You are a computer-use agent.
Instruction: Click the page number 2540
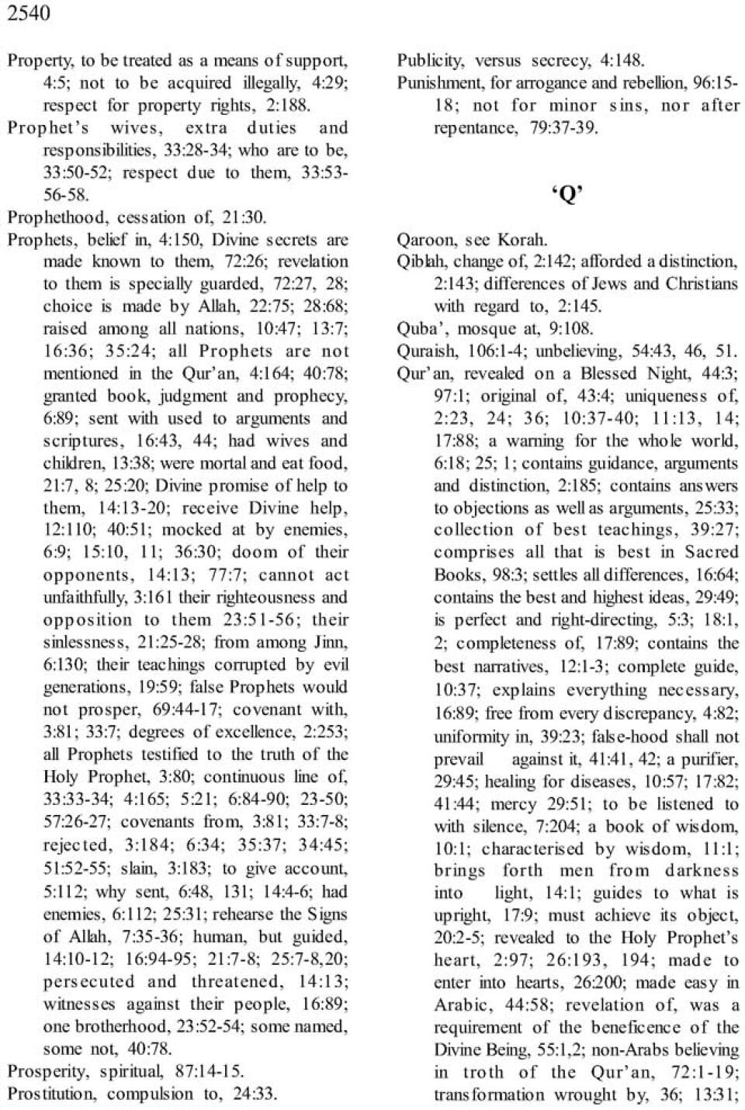coord(29,13)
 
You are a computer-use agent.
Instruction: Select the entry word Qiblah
coord(421,262)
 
